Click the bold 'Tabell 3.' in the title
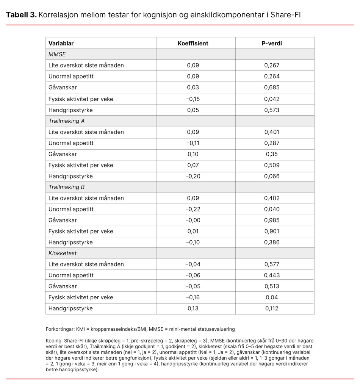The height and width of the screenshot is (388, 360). click(21, 15)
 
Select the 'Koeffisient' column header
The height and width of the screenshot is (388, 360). click(193, 43)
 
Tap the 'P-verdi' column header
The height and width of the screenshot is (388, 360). click(272, 43)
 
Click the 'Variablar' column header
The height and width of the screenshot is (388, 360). click(61, 43)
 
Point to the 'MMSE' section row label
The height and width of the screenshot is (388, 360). click(57, 54)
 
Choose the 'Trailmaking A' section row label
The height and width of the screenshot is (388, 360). click(66, 121)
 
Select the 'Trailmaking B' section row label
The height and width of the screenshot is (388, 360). click(66, 187)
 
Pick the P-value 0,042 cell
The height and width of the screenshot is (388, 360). click(272, 99)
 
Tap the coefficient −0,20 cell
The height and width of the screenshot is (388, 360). click(193, 176)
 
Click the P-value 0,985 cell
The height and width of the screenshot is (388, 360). click(272, 220)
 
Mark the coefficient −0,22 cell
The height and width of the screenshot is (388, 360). click(193, 209)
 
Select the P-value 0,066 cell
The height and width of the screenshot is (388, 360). click(272, 176)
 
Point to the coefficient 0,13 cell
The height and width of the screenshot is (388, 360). click(193, 308)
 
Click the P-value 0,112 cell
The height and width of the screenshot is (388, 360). click(272, 308)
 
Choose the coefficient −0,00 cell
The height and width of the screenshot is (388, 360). click(193, 220)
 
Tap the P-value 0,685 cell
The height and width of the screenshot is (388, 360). click(272, 87)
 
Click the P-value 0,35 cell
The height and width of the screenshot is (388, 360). click(272, 154)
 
